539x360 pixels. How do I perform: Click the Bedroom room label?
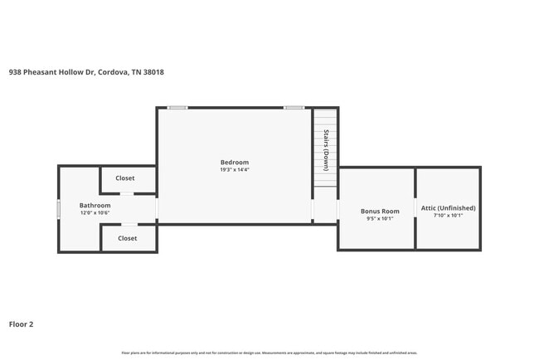(x=234, y=162)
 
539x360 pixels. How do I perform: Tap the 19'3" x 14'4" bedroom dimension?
(x=234, y=170)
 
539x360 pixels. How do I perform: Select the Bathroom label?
(x=95, y=205)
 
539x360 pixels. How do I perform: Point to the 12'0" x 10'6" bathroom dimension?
(x=95, y=213)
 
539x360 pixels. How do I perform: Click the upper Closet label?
(x=125, y=178)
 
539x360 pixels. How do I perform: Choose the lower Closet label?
(x=127, y=238)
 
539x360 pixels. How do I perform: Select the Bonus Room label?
(x=380, y=212)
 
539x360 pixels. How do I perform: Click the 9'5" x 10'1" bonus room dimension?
(x=380, y=219)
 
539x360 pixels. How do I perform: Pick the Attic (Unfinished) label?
(x=449, y=207)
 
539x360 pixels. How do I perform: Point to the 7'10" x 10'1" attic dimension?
(x=449, y=216)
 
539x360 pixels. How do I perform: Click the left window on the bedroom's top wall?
(x=177, y=108)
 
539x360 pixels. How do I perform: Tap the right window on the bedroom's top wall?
(x=294, y=108)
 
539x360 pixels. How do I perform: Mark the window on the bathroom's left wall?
(x=58, y=209)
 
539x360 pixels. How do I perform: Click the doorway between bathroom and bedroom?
(x=157, y=208)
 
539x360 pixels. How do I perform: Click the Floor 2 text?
(x=21, y=324)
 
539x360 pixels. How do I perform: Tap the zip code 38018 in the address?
(x=153, y=72)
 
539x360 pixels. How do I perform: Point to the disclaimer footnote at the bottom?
(x=269, y=353)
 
